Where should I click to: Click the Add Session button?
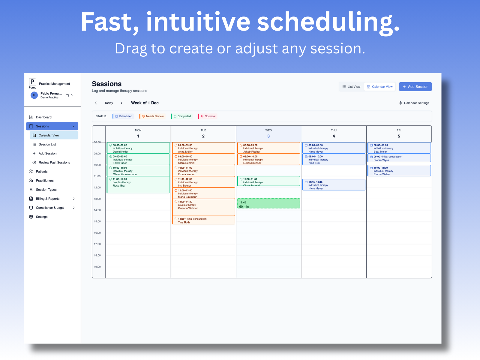coord(415,87)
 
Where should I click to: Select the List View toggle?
coord(351,87)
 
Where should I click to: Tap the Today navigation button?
coord(109,103)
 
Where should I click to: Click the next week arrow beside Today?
coord(121,103)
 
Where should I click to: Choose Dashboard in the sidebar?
coord(43,117)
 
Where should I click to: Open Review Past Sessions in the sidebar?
coord(54,163)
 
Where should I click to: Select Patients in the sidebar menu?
coord(42,172)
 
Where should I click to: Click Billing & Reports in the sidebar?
coord(48,199)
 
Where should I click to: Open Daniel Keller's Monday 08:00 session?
coord(138,148)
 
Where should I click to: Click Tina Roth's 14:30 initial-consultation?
coord(203,220)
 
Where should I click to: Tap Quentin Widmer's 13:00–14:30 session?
coord(203,207)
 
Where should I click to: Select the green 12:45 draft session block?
coord(268,204)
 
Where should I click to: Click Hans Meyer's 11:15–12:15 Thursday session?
coord(334,185)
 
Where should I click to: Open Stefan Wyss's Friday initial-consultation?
coord(399,158)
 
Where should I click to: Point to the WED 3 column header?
coord(268,133)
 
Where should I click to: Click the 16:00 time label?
coord(97,233)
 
